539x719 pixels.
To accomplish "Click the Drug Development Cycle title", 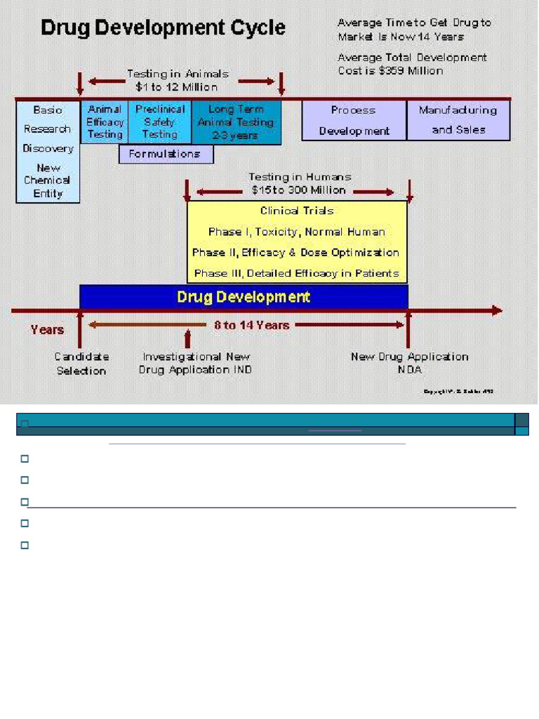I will pyautogui.click(x=163, y=28).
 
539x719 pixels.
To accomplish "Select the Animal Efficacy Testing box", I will pyautogui.click(x=105, y=122).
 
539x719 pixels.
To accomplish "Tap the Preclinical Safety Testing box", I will pyautogui.click(x=159, y=122).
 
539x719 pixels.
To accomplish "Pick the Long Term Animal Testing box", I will pyautogui.click(x=236, y=122).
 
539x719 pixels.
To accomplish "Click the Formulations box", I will pyautogui.click(x=166, y=154).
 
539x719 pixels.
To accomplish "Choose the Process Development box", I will pyautogui.click(x=354, y=121).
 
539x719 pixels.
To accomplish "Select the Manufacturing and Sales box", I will pyautogui.click(x=458, y=120).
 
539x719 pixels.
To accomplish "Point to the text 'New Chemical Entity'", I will pyautogui.click(x=48, y=180).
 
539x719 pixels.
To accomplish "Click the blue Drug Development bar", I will pyautogui.click(x=244, y=296).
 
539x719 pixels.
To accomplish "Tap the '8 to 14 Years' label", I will pyautogui.click(x=251, y=325).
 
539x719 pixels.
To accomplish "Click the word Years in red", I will pyautogui.click(x=47, y=329).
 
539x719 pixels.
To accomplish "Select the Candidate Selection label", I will pyautogui.click(x=81, y=364).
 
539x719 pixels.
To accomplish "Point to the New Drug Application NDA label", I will pyautogui.click(x=409, y=364).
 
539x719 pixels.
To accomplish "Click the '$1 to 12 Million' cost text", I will pyautogui.click(x=176, y=87).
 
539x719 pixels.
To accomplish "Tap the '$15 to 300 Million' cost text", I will pyautogui.click(x=299, y=190).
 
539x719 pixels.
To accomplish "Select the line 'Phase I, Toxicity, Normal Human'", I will pyautogui.click(x=297, y=232).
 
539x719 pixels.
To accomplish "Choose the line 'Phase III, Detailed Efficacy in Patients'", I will pyautogui.click(x=297, y=273).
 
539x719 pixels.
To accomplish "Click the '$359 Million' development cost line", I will pyautogui.click(x=390, y=70).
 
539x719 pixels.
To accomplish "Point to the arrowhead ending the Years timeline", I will pyautogui.click(x=497, y=310).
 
